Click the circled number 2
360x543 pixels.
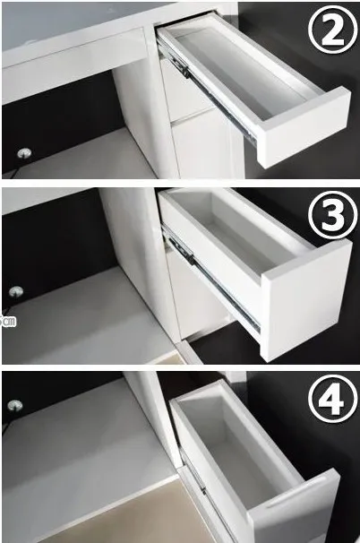coord(332,30)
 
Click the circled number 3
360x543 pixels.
coord(332,214)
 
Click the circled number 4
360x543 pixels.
coord(332,400)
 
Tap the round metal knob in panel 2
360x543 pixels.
coord(24,152)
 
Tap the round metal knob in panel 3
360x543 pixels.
coord(16,291)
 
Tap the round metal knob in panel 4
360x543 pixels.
coord(14,406)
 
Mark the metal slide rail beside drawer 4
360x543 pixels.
coord(193,473)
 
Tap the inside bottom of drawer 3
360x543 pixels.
coord(249,243)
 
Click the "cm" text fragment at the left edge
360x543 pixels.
coord(8,322)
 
